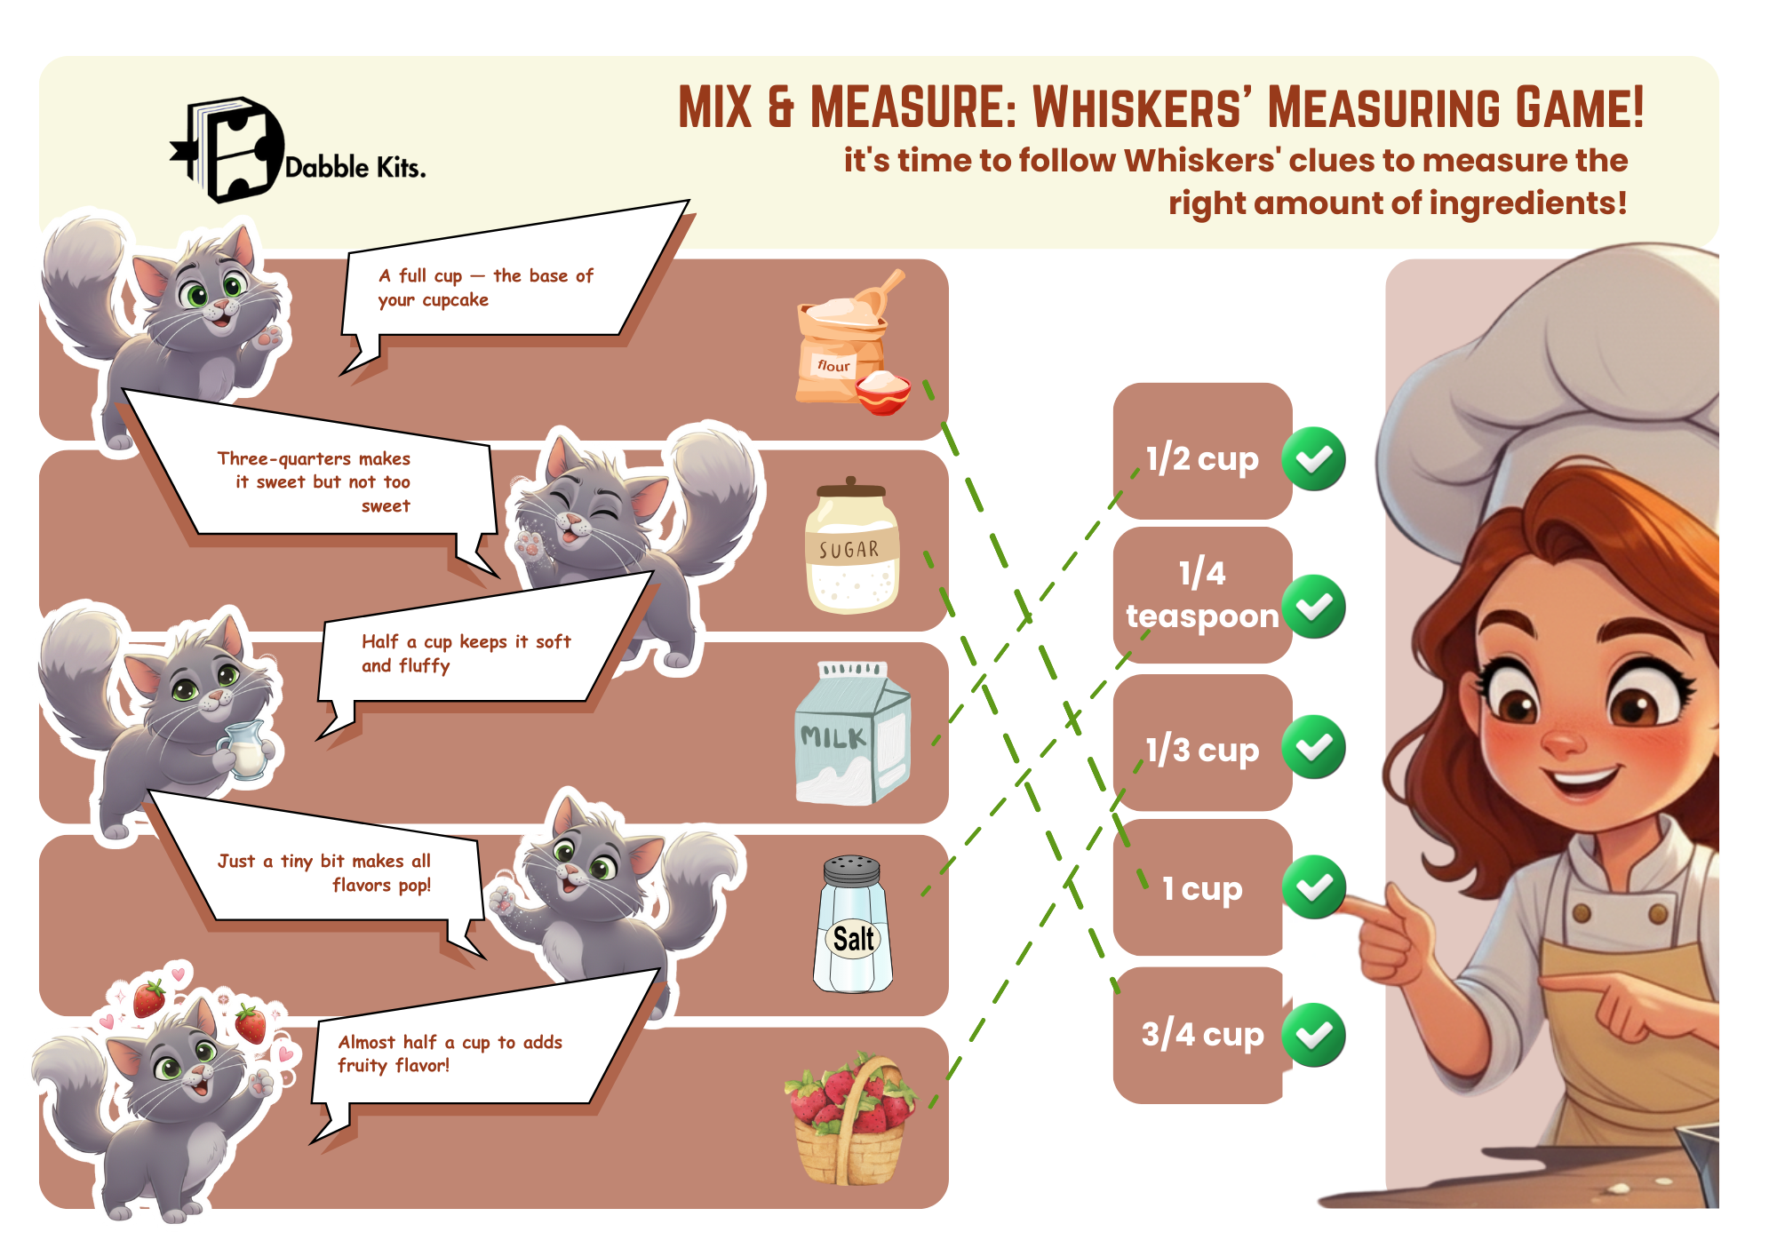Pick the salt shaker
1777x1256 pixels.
pos(853,924)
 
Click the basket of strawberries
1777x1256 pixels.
pos(849,1119)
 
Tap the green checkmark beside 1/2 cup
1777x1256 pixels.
pos(1313,459)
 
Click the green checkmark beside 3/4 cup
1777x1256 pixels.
pos(1313,1035)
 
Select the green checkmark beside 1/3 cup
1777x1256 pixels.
pos(1313,747)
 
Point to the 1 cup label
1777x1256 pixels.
pos(1202,888)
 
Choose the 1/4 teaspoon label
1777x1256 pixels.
pos(1202,594)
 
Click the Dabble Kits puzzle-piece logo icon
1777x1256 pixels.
pos(227,149)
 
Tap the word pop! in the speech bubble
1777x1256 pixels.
pos(414,886)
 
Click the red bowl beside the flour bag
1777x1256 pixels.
pos(883,393)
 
